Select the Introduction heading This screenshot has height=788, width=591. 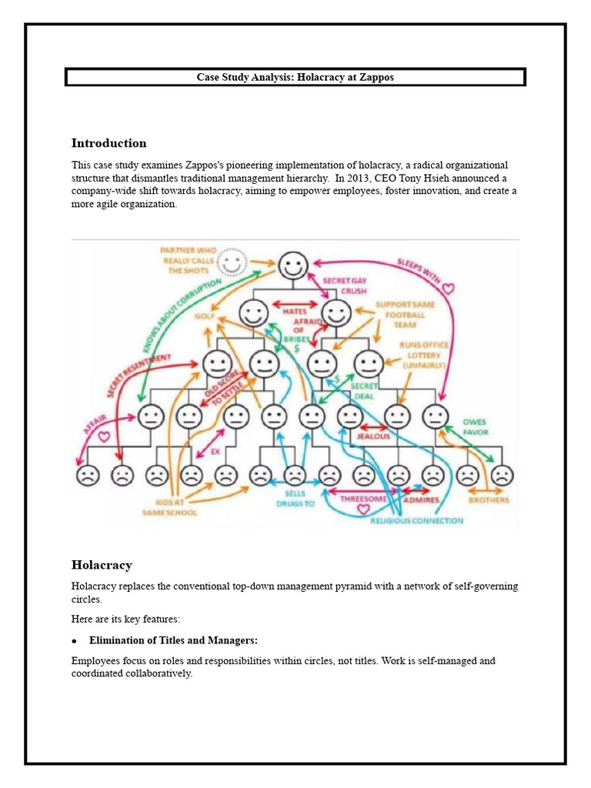(x=109, y=143)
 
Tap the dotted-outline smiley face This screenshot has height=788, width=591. (x=232, y=264)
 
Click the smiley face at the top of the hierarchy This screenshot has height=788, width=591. (x=292, y=266)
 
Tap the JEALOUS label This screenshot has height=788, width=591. (x=372, y=436)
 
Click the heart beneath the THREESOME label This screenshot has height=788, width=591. (x=363, y=509)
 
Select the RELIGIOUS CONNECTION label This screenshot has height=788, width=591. (x=416, y=521)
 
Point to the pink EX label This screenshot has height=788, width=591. (x=215, y=452)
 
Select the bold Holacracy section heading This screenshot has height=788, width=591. (x=102, y=565)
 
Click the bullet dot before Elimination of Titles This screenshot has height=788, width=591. (x=75, y=641)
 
